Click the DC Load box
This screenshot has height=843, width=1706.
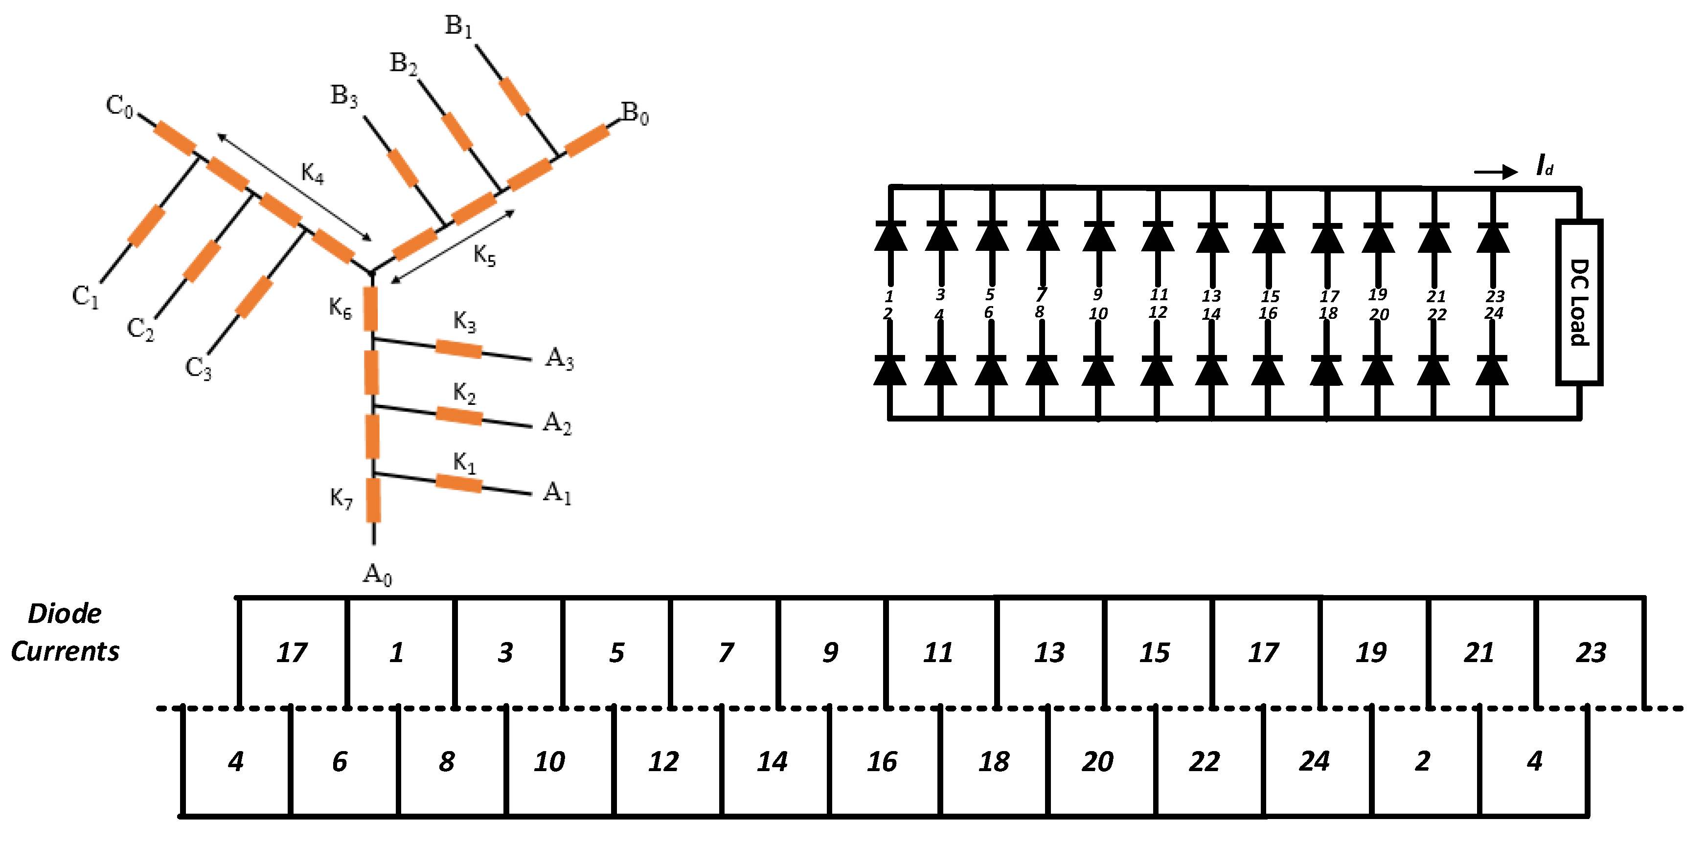click(1579, 302)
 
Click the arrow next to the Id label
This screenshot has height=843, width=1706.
click(1496, 172)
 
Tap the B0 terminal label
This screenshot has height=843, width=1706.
click(635, 114)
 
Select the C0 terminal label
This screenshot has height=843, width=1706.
click(120, 106)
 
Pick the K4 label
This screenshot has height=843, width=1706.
click(313, 174)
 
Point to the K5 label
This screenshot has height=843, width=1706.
click(485, 255)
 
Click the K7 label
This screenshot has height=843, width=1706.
click(341, 498)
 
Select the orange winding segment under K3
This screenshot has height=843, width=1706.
click(459, 348)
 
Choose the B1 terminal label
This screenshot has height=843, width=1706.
click(458, 26)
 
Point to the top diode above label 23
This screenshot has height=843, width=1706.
click(1493, 238)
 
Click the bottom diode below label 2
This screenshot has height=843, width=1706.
click(889, 371)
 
